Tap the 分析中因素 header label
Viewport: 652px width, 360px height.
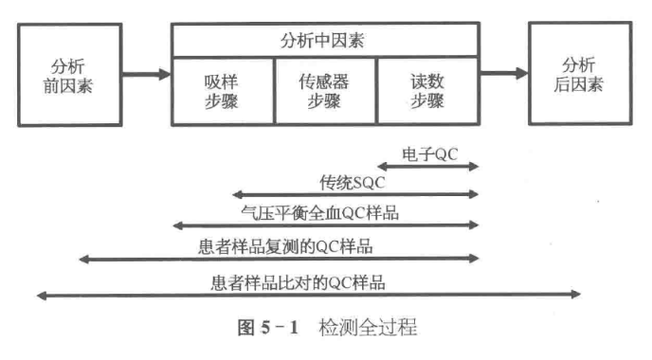point(324,41)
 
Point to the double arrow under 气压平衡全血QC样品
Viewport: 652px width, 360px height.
point(325,226)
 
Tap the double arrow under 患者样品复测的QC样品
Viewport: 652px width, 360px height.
point(279,259)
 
